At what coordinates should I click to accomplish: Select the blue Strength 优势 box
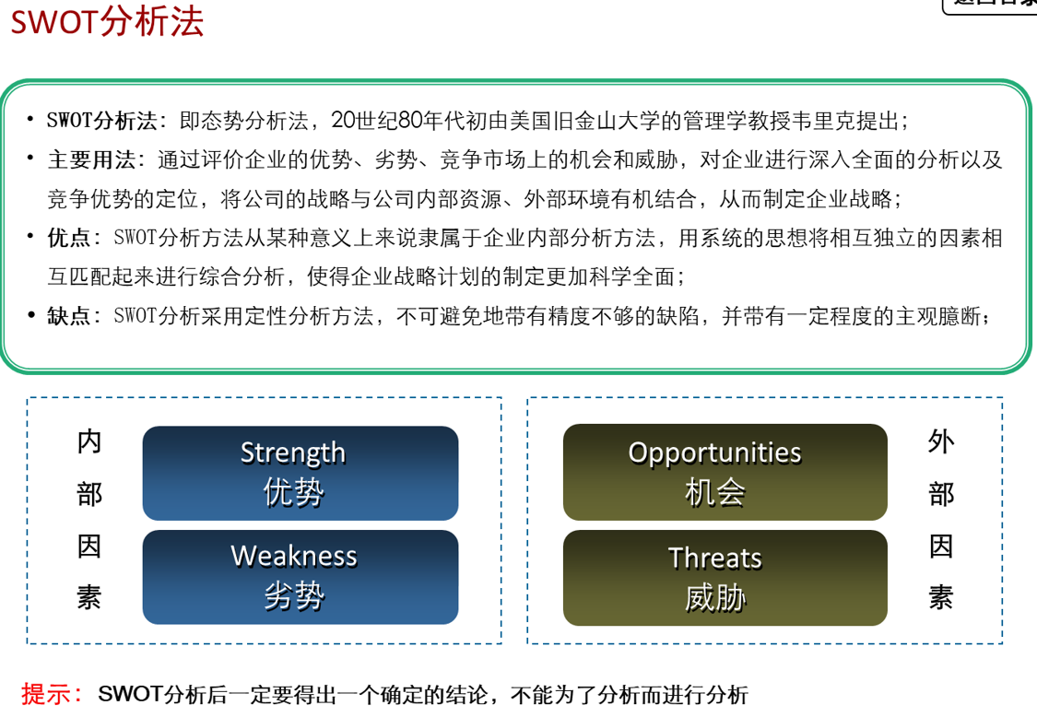[300, 473]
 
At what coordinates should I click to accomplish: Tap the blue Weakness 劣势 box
[300, 577]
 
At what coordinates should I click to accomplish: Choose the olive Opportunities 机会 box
[725, 472]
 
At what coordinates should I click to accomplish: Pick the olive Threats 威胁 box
[725, 578]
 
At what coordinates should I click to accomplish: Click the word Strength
[293, 453]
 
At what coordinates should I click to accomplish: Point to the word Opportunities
[715, 453]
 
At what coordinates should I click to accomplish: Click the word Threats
[715, 558]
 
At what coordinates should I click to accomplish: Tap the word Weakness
[294, 557]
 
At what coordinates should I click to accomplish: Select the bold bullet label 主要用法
[91, 159]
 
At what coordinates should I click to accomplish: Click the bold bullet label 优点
[69, 238]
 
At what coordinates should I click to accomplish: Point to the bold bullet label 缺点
[69, 315]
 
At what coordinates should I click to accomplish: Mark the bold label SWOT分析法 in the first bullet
[101, 121]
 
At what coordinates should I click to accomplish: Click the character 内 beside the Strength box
[89, 441]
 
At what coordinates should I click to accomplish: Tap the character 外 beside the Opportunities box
[941, 441]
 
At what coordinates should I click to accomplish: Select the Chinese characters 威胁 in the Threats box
[715, 598]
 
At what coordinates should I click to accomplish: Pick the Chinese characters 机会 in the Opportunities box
[715, 493]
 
